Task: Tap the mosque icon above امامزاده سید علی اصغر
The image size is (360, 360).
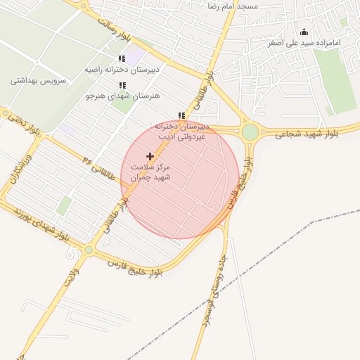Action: point(304,32)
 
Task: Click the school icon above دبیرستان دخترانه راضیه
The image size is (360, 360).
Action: point(122,59)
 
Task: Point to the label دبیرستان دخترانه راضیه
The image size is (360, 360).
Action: point(122,70)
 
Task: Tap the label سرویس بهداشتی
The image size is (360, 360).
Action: point(38,80)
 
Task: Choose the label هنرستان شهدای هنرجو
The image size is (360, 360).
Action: point(123,95)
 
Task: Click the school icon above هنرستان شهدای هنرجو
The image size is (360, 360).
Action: point(122,85)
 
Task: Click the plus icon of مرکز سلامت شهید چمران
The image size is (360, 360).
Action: point(150,155)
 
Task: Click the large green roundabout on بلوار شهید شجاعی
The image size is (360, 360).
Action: point(250,131)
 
